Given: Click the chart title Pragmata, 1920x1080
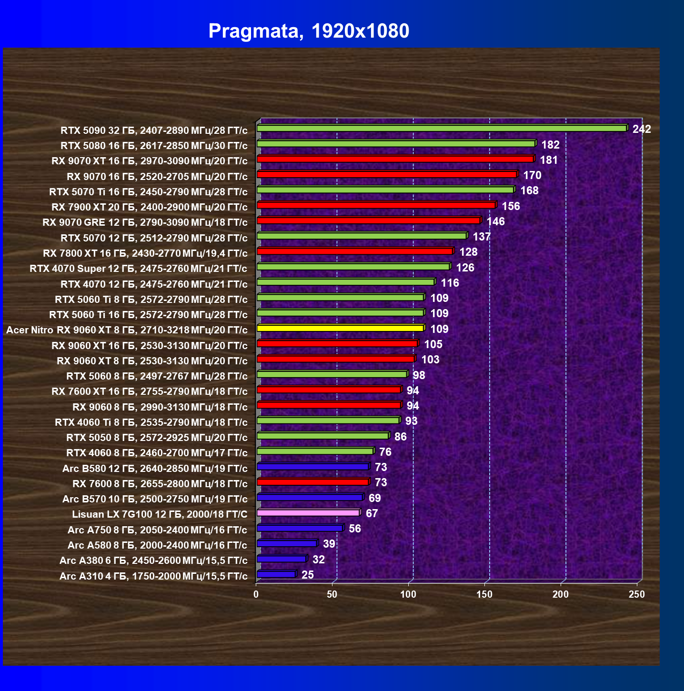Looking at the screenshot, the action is [x=309, y=31].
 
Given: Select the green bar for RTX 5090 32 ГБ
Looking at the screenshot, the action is [x=443, y=128].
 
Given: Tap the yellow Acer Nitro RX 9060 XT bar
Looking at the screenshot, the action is [x=341, y=328].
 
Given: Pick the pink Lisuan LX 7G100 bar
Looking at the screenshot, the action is [x=309, y=512].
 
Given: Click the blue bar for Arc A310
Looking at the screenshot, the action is [x=277, y=574].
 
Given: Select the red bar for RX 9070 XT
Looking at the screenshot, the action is [x=396, y=159].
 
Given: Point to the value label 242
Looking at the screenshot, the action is [x=641, y=129].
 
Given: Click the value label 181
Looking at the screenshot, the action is [x=548, y=160].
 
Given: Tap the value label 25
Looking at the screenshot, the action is [x=307, y=575].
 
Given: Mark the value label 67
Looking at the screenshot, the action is [x=372, y=513].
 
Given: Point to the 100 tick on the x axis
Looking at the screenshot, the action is [x=408, y=594].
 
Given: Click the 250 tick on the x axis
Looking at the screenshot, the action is [x=637, y=594].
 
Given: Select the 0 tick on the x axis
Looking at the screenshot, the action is [x=256, y=594].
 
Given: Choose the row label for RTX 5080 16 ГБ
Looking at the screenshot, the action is [x=154, y=146].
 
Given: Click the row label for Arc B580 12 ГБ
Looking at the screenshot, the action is [x=155, y=469].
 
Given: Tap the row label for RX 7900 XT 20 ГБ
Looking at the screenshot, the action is [x=150, y=207].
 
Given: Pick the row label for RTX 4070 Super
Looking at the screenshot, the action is [x=139, y=269].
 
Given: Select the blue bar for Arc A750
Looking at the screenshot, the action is [x=301, y=528].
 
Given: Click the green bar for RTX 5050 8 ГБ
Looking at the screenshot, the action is [x=323, y=436].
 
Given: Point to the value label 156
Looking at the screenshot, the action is [x=511, y=206].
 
